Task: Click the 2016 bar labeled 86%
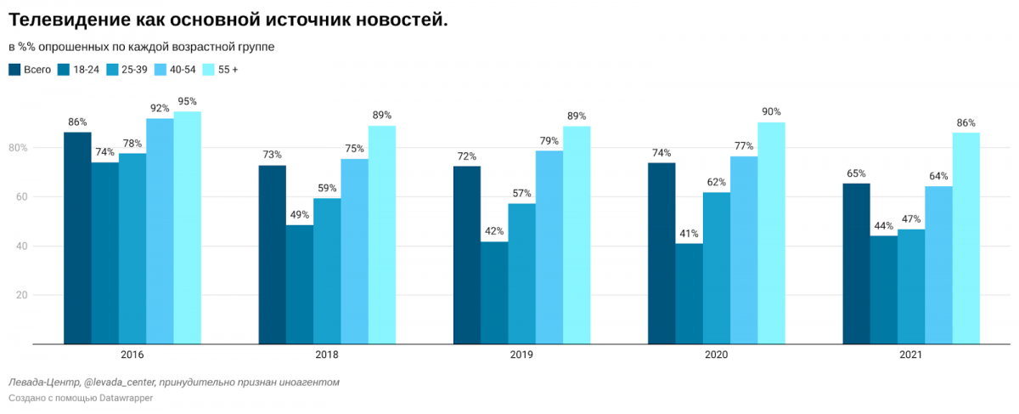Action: coord(77,238)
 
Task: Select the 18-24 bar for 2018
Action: coord(300,284)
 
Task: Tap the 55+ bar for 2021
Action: coord(966,238)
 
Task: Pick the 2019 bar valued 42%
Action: coord(494,292)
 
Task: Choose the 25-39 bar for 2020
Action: coord(717,268)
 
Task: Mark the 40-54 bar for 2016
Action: coord(160,230)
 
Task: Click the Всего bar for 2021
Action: coord(856,264)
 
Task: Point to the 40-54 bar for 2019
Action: coord(549,247)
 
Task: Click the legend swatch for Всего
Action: coord(14,70)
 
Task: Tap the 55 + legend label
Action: coord(228,70)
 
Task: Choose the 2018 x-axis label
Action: coord(327,354)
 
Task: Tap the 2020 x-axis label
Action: coord(717,354)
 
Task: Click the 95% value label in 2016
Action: coord(188,101)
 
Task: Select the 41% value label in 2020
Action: coord(690,233)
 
